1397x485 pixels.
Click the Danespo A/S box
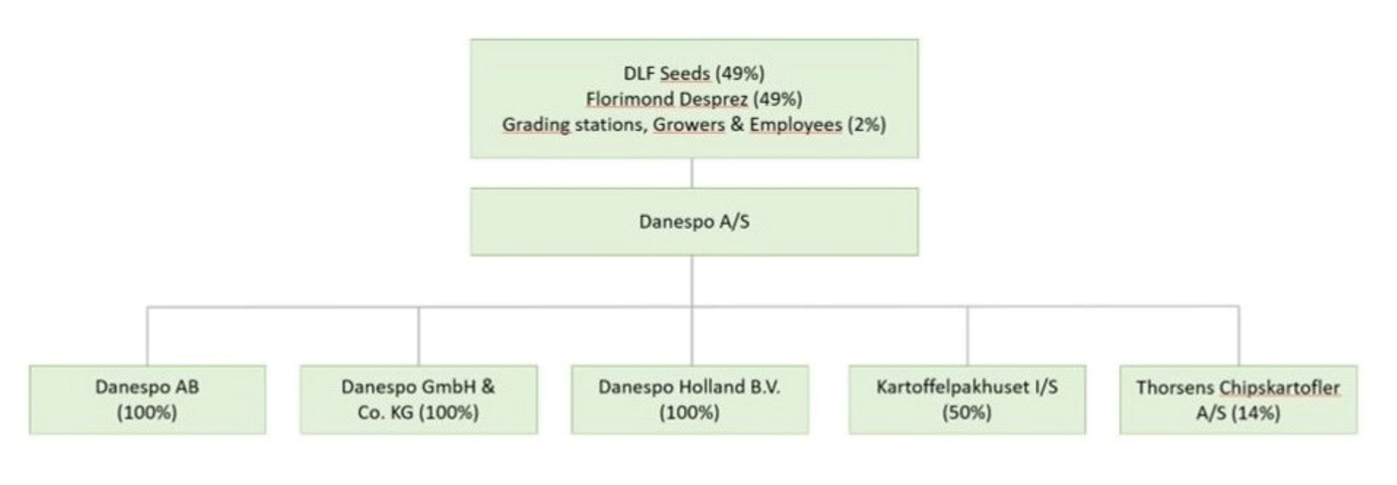click(694, 222)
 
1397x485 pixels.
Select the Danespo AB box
click(147, 399)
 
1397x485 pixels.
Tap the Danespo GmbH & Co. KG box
click(419, 399)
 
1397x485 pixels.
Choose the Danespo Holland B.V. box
click(690, 399)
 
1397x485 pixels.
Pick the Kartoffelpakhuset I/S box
click(967, 399)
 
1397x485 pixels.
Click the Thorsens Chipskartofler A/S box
click(1238, 399)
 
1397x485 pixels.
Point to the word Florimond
click(624, 99)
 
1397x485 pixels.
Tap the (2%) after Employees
click(867, 125)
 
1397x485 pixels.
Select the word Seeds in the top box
click(685, 73)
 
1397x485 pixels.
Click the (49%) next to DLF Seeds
click(740, 73)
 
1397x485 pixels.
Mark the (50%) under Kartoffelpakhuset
click(967, 412)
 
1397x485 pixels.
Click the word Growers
click(689, 125)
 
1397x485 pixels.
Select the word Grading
click(535, 125)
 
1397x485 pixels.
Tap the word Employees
click(796, 125)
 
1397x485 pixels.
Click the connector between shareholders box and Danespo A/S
click(692, 173)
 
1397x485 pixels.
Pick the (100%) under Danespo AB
click(147, 412)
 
